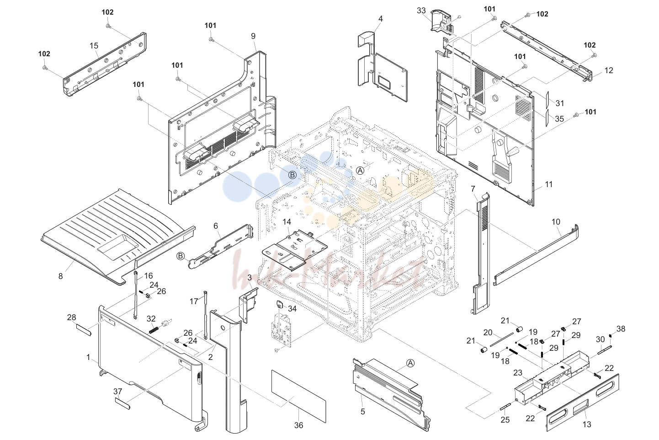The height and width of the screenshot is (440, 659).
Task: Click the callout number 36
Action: click(x=298, y=425)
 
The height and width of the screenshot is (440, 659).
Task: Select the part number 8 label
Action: click(x=60, y=276)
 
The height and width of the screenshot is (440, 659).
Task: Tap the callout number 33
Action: click(x=421, y=11)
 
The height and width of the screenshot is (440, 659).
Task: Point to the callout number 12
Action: click(x=609, y=70)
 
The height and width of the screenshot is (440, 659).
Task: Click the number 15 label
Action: click(x=94, y=46)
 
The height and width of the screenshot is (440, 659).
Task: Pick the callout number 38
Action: click(x=621, y=329)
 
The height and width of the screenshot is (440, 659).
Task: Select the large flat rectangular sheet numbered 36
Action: click(x=298, y=396)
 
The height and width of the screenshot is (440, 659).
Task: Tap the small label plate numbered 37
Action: click(x=122, y=403)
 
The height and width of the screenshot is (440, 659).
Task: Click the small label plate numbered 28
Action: click(x=84, y=330)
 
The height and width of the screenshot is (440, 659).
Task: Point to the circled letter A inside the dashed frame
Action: click(x=360, y=170)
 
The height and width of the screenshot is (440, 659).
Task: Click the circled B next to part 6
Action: click(x=181, y=256)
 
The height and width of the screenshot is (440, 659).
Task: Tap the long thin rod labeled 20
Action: click(x=502, y=339)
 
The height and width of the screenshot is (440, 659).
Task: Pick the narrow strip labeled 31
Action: click(x=547, y=99)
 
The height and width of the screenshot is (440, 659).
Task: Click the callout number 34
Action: click(x=292, y=308)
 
